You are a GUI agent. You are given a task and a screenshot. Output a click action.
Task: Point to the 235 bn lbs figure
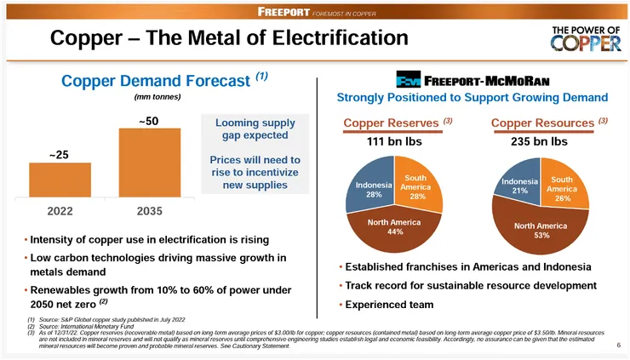(x=540, y=142)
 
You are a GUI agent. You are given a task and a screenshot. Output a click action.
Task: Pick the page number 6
(x=617, y=346)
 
